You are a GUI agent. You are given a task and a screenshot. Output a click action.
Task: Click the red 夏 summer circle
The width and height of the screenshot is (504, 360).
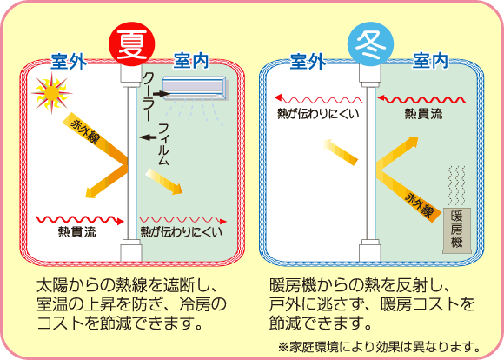pyautogui.click(x=132, y=43)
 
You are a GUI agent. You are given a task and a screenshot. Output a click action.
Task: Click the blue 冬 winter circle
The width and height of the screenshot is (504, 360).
pyautogui.click(x=370, y=43)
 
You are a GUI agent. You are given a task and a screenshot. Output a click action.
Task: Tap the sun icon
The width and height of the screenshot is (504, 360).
pyautogui.click(x=51, y=93)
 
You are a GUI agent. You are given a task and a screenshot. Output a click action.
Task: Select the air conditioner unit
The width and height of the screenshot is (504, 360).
pyautogui.click(x=196, y=88)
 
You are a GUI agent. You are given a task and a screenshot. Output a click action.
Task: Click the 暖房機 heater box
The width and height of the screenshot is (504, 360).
pyautogui.click(x=457, y=230)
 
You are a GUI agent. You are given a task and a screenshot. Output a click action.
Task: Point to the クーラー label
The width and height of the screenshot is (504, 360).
pyautogui.click(x=149, y=97)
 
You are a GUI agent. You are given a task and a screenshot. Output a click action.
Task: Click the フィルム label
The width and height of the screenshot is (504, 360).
pyautogui.click(x=163, y=144)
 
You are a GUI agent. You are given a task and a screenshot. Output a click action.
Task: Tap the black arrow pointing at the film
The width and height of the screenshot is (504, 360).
pyautogui.click(x=148, y=137)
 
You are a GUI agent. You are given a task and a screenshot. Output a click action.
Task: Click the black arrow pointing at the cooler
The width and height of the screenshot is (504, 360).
pyautogui.click(x=162, y=94)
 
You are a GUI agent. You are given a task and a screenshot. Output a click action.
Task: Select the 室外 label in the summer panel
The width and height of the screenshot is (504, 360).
pyautogui.click(x=69, y=61)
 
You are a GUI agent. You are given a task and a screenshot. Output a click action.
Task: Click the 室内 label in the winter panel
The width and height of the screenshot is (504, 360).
pyautogui.click(x=430, y=61)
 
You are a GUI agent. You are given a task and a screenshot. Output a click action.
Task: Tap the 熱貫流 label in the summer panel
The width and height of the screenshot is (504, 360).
pyautogui.click(x=77, y=231)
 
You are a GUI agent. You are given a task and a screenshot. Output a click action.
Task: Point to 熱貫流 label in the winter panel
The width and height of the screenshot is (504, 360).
pyautogui.click(x=423, y=114)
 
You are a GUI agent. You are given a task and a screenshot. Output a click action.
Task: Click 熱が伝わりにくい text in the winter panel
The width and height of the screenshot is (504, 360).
pyautogui.click(x=318, y=114)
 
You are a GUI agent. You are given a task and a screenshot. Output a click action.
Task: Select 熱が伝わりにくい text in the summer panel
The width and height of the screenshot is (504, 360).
pyautogui.click(x=182, y=231)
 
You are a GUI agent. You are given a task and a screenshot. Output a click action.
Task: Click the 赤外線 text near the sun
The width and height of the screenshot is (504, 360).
pyautogui.click(x=85, y=132)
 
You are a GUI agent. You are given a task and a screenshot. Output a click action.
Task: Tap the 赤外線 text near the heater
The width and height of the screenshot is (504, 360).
pyautogui.click(x=419, y=205)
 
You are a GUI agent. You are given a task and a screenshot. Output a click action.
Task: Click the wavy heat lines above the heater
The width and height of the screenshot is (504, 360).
pyautogui.click(x=457, y=185)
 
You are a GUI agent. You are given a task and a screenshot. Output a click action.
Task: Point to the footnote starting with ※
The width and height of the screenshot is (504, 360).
pyautogui.click(x=379, y=347)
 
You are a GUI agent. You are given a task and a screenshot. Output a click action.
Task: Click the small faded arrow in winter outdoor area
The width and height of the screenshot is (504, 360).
pyautogui.click(x=341, y=152)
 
